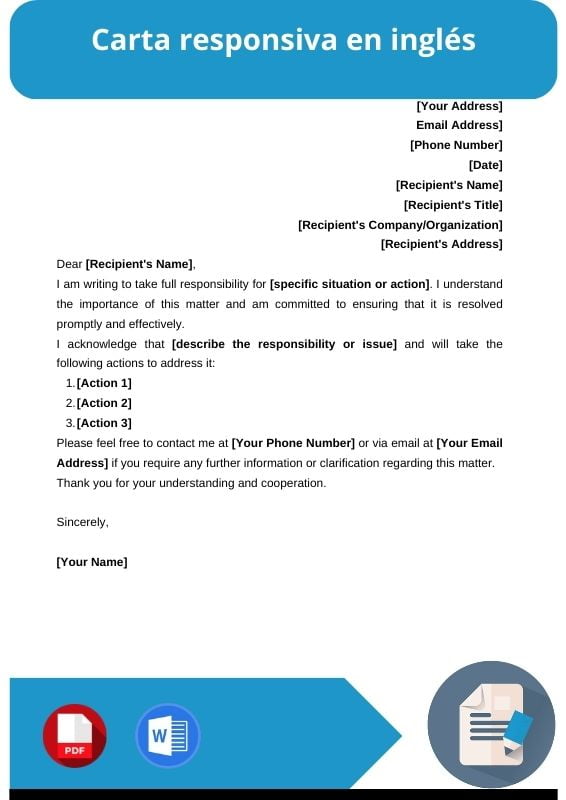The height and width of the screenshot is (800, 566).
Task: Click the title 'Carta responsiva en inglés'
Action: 283,41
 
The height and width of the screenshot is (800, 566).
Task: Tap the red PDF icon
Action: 74,736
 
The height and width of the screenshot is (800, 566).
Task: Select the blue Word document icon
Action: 167,736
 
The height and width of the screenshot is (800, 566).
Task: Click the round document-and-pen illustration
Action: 491,725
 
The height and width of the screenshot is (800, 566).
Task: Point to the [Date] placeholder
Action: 485,165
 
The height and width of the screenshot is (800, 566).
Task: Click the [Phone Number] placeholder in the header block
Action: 456,145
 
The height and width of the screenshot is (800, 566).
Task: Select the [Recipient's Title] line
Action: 453,205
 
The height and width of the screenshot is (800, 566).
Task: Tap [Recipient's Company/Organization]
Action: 400,225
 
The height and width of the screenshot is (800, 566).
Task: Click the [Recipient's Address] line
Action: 441,244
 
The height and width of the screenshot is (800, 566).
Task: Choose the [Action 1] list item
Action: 104,383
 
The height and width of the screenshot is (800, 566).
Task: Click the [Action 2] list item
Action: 104,403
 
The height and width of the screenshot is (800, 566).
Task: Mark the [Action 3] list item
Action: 104,423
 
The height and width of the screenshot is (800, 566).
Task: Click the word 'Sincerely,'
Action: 82,522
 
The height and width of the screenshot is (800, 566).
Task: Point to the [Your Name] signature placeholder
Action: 92,562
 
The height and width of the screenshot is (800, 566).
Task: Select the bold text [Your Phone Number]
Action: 293,443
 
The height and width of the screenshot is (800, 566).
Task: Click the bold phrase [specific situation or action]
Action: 349,284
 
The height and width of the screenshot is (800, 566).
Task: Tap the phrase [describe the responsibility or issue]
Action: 284,344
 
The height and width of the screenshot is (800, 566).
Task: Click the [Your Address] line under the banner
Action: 459,106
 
